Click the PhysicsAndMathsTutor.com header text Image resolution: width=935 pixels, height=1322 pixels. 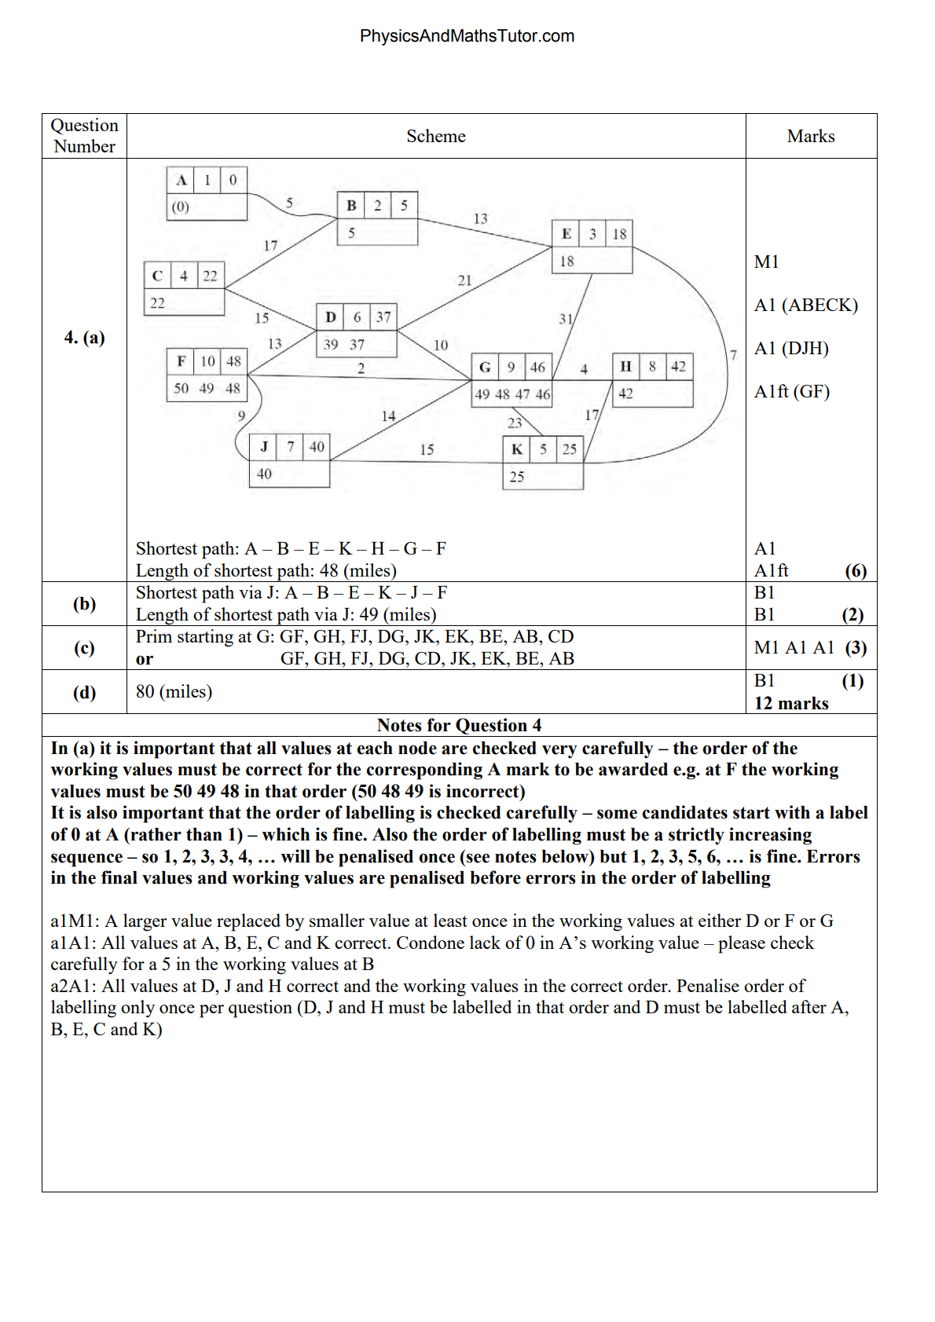[467, 36]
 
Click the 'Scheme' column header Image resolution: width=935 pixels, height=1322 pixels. [436, 137]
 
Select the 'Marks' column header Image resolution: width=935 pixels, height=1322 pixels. [811, 137]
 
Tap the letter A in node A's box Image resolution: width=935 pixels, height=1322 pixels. [181, 180]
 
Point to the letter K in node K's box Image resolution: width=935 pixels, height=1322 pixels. [516, 449]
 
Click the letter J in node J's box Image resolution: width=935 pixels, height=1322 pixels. [264, 447]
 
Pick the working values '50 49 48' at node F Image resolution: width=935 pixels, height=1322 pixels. [207, 388]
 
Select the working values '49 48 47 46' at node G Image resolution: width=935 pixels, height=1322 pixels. [512, 394]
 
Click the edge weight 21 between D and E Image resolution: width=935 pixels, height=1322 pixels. [465, 280]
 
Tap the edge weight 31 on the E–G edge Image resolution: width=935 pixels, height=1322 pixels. [566, 319]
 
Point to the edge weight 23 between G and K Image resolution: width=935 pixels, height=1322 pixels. [515, 423]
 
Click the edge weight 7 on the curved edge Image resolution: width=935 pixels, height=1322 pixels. [733, 355]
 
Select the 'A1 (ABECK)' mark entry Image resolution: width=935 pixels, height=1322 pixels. [805, 306]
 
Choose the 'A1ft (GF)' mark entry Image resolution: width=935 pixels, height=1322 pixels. [792, 392]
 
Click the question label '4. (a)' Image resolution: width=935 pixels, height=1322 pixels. [84, 338]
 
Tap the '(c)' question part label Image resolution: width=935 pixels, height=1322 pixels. [84, 648]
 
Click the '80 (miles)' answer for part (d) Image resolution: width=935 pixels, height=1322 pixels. [174, 692]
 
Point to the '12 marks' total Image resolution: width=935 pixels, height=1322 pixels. [791, 704]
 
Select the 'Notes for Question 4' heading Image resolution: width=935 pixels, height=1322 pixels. [459, 726]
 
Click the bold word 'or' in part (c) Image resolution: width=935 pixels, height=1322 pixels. [145, 659]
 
